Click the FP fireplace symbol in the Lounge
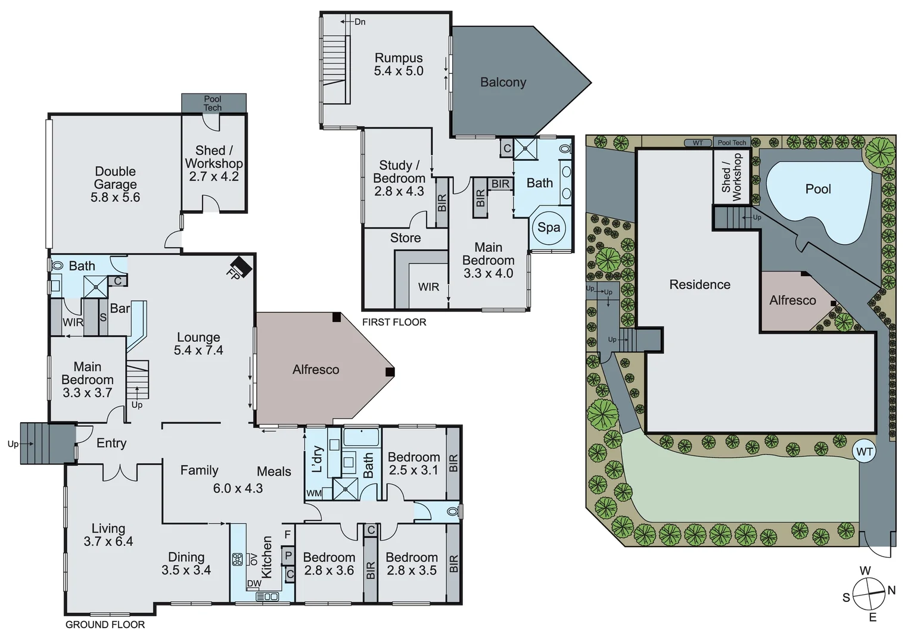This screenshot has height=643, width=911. point(240,266)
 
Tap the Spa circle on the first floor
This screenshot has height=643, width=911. point(549,227)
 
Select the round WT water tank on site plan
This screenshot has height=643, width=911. point(864,452)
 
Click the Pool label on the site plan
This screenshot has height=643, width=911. point(817,189)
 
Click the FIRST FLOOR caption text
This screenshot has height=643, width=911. point(394,322)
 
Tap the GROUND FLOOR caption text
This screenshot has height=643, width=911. point(105,625)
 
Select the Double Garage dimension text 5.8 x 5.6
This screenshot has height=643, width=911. point(115,198)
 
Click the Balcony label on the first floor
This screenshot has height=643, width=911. point(503,82)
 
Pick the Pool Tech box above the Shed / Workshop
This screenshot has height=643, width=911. point(213,103)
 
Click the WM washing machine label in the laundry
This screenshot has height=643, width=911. point(314,493)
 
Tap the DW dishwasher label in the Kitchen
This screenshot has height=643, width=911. point(254,583)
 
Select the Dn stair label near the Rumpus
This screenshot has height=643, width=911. point(359,22)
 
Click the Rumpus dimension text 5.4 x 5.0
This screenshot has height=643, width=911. point(399,71)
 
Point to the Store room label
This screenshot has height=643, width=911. point(405,238)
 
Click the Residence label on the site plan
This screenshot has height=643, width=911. point(699,285)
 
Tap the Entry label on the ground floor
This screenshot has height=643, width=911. point(111,443)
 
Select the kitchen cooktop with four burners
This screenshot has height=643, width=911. point(237,559)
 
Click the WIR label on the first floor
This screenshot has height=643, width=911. point(428,287)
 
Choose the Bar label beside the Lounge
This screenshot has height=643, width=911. point(120,308)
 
